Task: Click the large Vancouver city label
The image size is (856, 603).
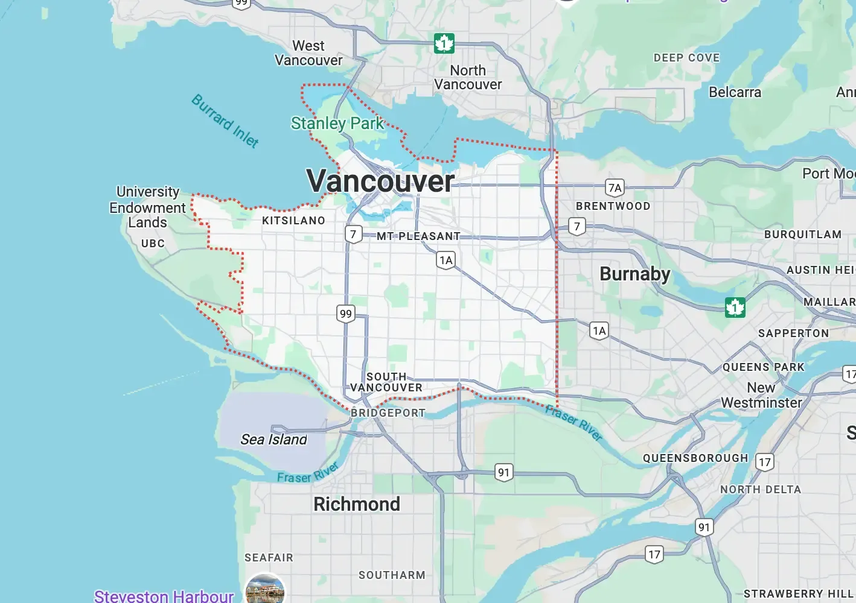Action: click(380, 181)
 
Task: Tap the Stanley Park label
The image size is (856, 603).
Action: click(337, 124)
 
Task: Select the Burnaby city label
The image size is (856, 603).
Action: click(634, 274)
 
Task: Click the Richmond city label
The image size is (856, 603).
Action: click(356, 504)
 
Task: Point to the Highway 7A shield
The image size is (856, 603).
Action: click(615, 188)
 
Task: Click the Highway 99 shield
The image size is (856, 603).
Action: click(345, 314)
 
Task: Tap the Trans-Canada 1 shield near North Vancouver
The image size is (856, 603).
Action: click(444, 43)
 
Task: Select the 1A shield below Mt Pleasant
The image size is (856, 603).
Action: click(446, 260)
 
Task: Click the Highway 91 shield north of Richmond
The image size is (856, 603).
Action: click(503, 472)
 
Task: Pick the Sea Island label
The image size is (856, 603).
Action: click(273, 440)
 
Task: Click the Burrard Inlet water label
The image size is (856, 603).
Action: click(225, 121)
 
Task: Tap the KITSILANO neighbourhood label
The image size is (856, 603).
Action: click(293, 221)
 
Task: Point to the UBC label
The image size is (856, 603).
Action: click(153, 244)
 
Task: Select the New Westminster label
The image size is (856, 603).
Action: click(761, 395)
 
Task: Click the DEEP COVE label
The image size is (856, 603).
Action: click(686, 58)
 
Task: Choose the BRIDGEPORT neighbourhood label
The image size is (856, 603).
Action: click(388, 413)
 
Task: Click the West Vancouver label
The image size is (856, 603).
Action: click(308, 53)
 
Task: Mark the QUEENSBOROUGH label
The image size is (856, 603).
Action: click(695, 458)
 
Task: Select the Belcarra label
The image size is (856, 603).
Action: click(735, 92)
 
